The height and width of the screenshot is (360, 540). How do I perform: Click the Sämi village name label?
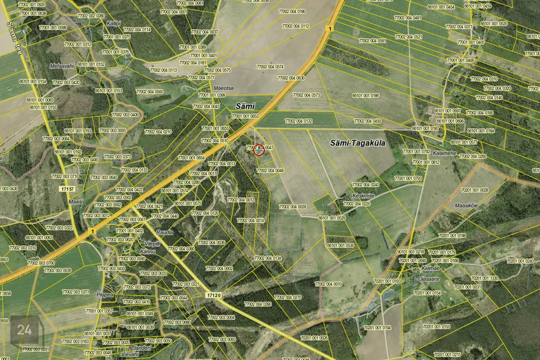[245, 106]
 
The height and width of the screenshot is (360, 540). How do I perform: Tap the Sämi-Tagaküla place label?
[357, 143]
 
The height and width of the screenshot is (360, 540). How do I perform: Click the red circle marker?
[259, 150]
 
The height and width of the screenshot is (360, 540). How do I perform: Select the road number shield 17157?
[66, 190]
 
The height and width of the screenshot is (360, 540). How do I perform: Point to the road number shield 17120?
[213, 295]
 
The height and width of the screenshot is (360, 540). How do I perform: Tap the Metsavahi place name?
[62, 66]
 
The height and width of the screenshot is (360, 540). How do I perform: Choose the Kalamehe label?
[444, 153]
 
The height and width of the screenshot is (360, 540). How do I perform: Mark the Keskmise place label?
[363, 195]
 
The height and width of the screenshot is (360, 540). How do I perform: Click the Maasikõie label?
[466, 205]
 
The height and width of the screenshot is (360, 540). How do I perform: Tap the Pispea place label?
[105, 294]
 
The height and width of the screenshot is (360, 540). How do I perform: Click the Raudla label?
[165, 232]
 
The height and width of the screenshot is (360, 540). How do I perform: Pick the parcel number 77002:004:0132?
[298, 121]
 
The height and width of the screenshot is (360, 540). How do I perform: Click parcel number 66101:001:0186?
[366, 96]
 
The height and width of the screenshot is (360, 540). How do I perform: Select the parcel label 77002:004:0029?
[292, 207]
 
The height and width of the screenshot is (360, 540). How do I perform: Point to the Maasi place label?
[75, 201]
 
